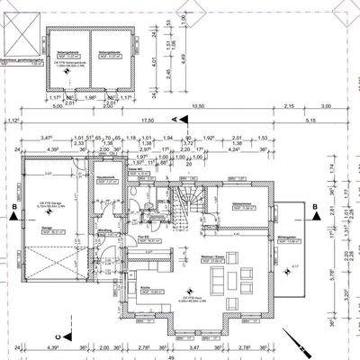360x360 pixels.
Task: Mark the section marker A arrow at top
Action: [173, 118]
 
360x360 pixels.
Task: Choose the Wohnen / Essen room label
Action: [212, 256]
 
